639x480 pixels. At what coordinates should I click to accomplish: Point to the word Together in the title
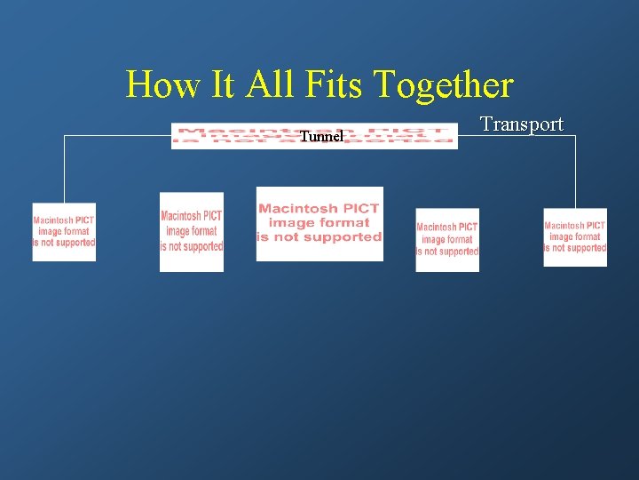coord(443,85)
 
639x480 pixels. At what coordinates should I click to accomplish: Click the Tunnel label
coord(321,137)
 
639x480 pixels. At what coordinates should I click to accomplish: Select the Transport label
coord(522,124)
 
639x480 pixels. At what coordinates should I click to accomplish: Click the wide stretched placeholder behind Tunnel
coord(399,135)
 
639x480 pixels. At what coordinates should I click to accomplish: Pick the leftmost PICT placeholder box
coord(64,232)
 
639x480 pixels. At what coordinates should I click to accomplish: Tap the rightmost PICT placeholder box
coord(575,236)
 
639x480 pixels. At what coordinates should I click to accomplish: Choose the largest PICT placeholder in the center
coord(319,224)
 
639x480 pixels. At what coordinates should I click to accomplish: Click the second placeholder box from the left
coord(192,231)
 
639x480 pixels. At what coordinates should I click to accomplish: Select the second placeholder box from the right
coord(447,240)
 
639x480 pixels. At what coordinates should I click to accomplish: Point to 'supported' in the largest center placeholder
coord(341,237)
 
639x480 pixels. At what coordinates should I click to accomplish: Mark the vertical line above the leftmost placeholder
coord(64,169)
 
